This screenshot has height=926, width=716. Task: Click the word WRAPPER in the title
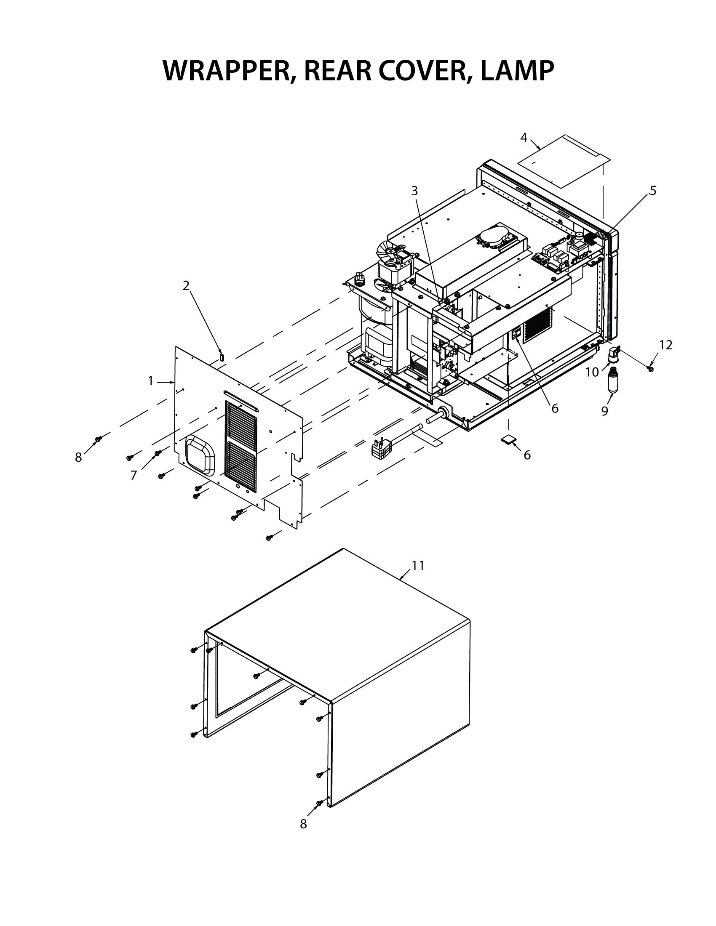pyautogui.click(x=227, y=70)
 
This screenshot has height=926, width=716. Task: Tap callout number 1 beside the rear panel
pyautogui.click(x=151, y=381)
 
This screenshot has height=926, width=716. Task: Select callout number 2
pyautogui.click(x=186, y=285)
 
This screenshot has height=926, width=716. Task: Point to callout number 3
pyautogui.click(x=414, y=191)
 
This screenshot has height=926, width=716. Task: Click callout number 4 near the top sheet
pyautogui.click(x=524, y=137)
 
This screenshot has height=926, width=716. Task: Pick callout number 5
pyautogui.click(x=653, y=191)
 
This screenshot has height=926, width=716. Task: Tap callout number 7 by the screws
pyautogui.click(x=134, y=476)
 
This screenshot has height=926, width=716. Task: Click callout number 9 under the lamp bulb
pyautogui.click(x=604, y=410)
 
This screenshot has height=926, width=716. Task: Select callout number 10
pyautogui.click(x=592, y=372)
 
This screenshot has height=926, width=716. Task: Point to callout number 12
pyautogui.click(x=666, y=345)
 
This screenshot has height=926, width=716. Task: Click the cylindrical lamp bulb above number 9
pyautogui.click(x=612, y=380)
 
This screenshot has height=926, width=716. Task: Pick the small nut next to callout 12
pyautogui.click(x=651, y=369)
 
